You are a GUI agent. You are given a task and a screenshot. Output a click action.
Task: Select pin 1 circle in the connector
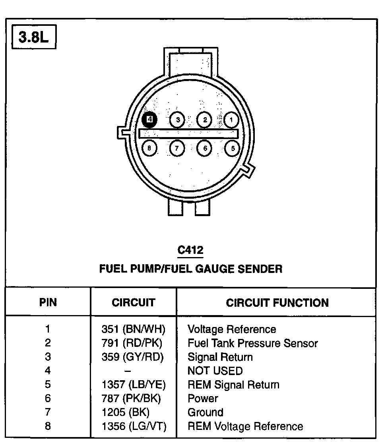tap(231, 120)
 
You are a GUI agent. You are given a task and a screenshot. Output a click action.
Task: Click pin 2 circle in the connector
tap(204, 120)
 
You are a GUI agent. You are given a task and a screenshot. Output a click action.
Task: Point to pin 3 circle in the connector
tap(177, 120)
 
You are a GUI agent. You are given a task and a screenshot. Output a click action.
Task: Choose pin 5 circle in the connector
tap(232, 148)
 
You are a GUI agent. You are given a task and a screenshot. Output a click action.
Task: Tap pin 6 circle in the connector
tap(205, 148)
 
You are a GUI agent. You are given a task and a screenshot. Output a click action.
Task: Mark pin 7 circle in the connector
tap(177, 148)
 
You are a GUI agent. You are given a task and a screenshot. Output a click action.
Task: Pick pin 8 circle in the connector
tap(149, 148)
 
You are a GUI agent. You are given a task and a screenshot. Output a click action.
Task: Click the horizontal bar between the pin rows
tap(188, 133)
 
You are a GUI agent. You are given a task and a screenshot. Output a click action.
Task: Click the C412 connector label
tap(190, 250)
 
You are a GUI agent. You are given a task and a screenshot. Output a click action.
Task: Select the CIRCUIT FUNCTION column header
tap(277, 303)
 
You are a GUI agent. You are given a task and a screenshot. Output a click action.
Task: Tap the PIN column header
tap(48, 302)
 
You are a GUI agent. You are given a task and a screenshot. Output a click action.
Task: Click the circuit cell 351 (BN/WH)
tap(133, 329)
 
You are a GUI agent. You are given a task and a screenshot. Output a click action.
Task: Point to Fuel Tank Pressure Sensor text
tap(252, 343)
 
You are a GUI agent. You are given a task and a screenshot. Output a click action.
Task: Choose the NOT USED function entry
tap(215, 371)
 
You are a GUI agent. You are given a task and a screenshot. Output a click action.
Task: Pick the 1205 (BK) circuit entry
tap(125, 412)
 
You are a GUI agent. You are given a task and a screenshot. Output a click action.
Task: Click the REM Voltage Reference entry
tap(245, 426)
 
